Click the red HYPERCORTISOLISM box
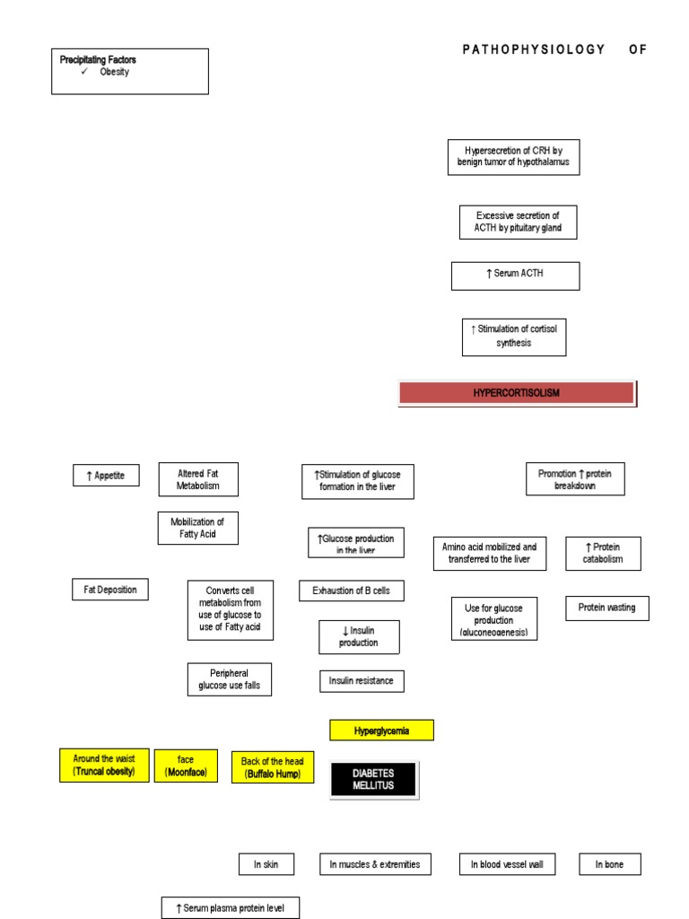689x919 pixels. click(x=517, y=393)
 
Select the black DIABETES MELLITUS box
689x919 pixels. click(x=373, y=780)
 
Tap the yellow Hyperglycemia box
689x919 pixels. click(x=381, y=731)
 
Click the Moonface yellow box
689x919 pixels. click(x=186, y=766)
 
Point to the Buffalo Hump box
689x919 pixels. click(x=273, y=767)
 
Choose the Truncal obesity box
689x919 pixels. click(x=104, y=765)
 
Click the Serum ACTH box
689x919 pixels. click(x=515, y=276)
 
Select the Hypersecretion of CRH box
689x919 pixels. click(x=513, y=157)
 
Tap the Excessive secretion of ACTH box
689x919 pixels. click(x=518, y=222)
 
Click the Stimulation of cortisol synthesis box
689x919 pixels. click(x=514, y=337)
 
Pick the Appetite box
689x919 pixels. click(x=106, y=476)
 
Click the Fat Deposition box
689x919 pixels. click(x=110, y=590)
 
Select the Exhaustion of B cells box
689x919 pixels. click(x=351, y=591)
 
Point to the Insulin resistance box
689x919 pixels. click(x=362, y=681)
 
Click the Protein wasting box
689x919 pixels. click(x=606, y=608)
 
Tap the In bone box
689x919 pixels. click(x=610, y=864)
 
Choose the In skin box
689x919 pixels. click(x=266, y=864)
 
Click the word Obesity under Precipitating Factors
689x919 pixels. click(x=114, y=73)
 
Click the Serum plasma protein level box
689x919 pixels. click(x=231, y=908)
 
